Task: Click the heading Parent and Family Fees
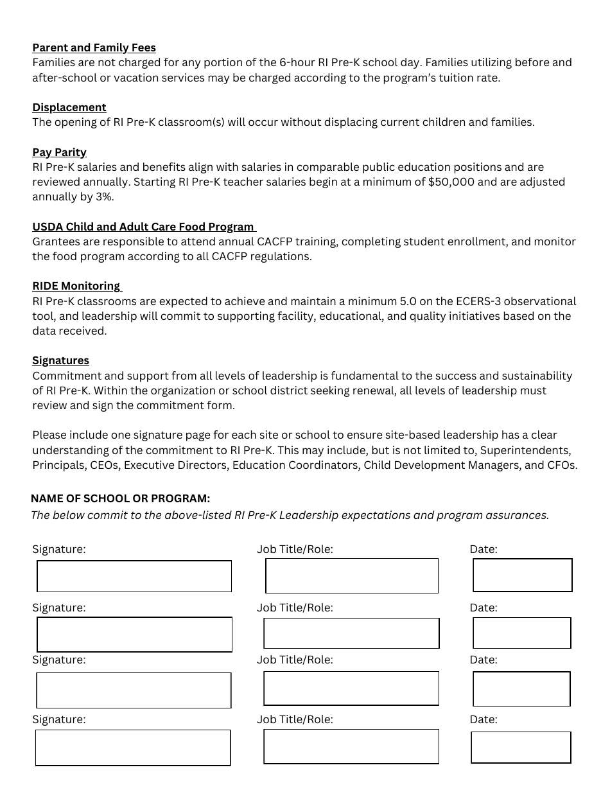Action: (94, 48)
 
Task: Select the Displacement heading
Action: (69, 107)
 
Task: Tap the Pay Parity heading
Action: (59, 152)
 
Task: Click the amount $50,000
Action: (451, 182)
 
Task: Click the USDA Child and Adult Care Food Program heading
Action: (143, 227)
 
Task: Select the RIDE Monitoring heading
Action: (76, 286)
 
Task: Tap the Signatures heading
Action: (60, 360)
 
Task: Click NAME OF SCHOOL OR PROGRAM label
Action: (120, 498)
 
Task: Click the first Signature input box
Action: (134, 576)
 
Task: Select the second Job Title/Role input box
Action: (351, 633)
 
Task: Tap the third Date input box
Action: (521, 689)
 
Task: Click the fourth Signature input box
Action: (132, 748)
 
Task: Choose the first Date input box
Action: (522, 575)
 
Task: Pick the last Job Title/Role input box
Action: (351, 746)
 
